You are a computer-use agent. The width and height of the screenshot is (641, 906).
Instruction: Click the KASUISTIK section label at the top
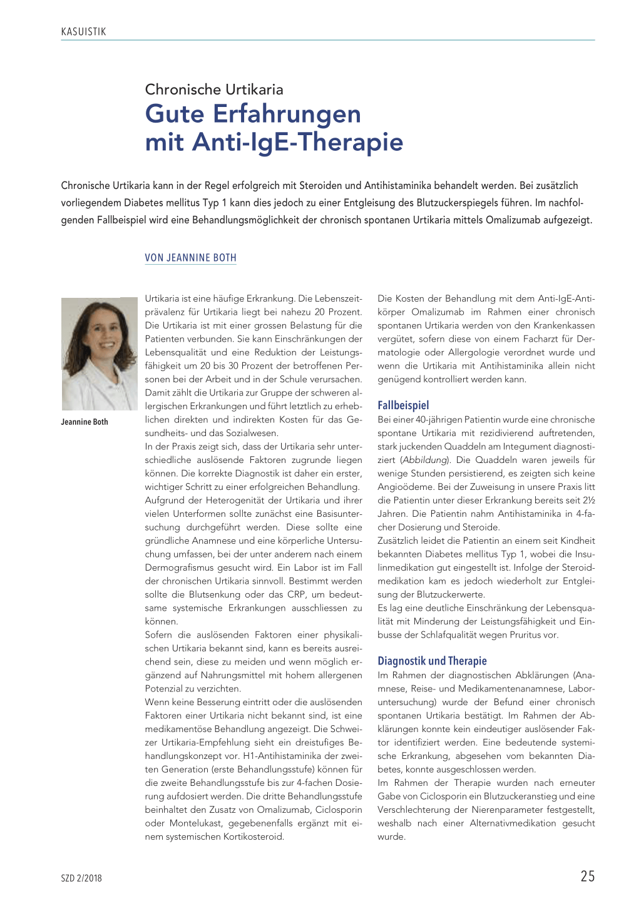[x=84, y=31]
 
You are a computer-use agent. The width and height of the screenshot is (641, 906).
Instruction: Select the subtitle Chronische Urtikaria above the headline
[x=214, y=89]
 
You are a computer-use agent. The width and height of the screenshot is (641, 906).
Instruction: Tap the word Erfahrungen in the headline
[x=287, y=115]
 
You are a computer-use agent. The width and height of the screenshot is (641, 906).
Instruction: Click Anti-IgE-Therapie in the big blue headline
[x=298, y=142]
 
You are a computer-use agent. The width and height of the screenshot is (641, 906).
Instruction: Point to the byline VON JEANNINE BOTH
[x=190, y=258]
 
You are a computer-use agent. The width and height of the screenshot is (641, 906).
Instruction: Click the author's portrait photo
[x=99, y=354]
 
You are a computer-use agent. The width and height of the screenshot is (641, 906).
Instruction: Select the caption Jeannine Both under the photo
[x=85, y=422]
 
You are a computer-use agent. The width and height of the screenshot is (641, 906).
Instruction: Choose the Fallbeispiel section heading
[x=403, y=405]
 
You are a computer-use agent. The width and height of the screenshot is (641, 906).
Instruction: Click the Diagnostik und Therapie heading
[x=432, y=661]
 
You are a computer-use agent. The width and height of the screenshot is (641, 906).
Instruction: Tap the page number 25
[x=587, y=877]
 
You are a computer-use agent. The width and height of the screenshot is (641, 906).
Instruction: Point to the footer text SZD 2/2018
[x=81, y=878]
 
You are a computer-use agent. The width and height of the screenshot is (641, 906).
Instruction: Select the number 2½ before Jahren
[x=588, y=501]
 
